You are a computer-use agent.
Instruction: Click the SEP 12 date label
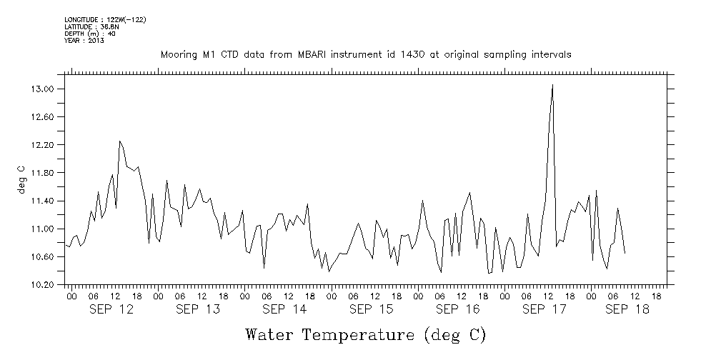click(111, 309)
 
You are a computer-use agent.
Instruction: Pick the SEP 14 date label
click(284, 309)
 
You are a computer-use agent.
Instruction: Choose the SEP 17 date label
click(544, 309)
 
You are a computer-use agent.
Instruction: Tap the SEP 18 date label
click(627, 309)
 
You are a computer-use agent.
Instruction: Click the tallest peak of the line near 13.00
click(552, 85)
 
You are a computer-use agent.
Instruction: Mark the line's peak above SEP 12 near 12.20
click(120, 141)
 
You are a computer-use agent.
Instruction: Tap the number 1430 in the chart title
click(403, 55)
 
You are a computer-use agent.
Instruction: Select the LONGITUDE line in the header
click(105, 19)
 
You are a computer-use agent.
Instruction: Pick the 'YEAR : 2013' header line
click(84, 41)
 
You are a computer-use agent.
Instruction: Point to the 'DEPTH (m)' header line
click(89, 34)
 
